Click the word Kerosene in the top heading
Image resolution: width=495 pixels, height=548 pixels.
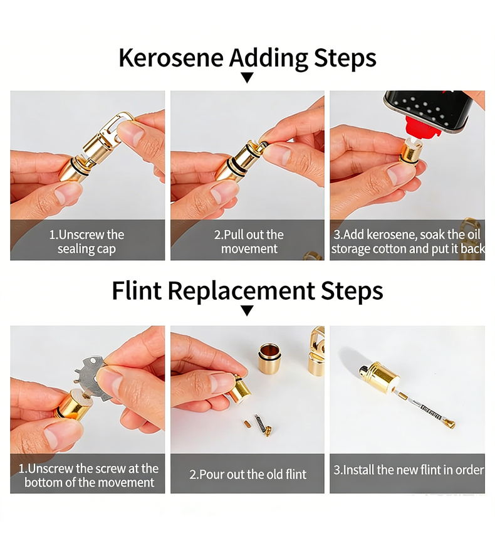coord(171,58)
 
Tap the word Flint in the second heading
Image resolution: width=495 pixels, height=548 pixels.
coord(137,291)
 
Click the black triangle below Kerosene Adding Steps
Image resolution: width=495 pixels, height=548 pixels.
coord(247,78)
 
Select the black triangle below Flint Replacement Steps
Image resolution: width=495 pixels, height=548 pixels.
coord(247,310)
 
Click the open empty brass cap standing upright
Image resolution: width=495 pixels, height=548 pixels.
coord(269,358)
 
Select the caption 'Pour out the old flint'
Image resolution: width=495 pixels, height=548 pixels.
coord(247,474)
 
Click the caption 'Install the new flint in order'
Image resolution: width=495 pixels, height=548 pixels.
coord(408,470)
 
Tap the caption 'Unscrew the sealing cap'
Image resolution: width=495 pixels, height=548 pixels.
coord(86,241)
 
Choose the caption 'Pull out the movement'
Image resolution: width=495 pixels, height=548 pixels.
coord(249,241)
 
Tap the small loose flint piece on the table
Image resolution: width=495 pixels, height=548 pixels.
coord(247,424)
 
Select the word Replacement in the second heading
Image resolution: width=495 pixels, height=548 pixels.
coord(241,291)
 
